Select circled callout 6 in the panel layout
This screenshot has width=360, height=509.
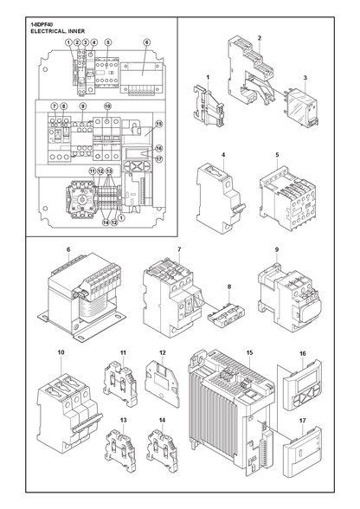click(x=146, y=42)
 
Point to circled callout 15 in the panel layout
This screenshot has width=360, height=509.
click(x=158, y=124)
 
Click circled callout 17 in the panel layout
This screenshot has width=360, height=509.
click(x=158, y=159)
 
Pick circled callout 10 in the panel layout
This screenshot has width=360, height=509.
click(x=108, y=106)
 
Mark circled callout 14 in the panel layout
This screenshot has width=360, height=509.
click(x=106, y=222)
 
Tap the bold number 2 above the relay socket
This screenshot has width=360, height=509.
click(x=260, y=38)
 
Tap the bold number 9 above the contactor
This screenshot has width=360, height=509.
click(x=277, y=249)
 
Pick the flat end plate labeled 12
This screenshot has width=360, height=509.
click(x=163, y=381)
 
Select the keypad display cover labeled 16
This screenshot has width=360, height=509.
click(x=302, y=385)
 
